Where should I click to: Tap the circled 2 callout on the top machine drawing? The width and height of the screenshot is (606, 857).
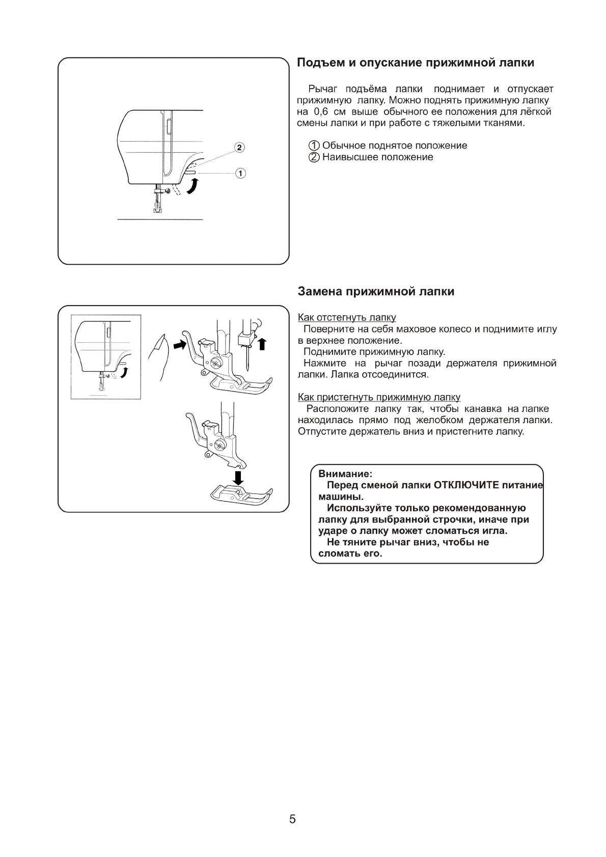pos(239,148)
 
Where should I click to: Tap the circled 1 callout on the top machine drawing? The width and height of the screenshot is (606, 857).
pos(240,173)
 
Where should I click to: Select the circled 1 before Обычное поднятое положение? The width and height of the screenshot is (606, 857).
pos(315,146)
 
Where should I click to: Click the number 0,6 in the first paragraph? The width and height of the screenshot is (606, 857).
pos(320,112)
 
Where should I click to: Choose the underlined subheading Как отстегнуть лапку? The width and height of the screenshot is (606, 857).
pos(347,318)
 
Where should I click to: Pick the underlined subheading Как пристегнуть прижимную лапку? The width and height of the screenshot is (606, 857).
pos(379,397)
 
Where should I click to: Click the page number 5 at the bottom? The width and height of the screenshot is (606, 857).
pos(292,819)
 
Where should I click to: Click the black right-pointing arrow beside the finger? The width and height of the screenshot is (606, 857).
pos(180,345)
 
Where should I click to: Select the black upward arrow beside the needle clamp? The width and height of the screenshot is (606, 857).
pos(262,344)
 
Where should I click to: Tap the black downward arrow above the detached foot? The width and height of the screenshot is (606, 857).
pos(238,477)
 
